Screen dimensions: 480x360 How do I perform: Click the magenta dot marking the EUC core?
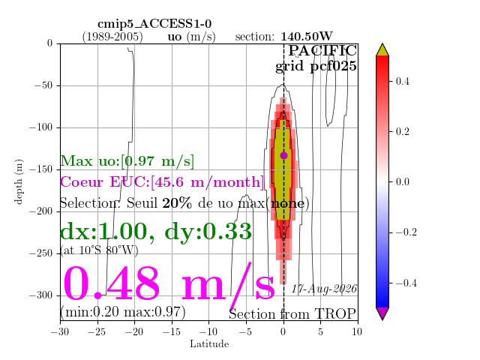pos(283,155)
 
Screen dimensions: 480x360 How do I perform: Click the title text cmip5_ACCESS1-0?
pos(154,24)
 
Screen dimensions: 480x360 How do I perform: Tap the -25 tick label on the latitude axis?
pos(97,332)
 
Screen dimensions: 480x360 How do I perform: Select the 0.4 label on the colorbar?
pos(402,82)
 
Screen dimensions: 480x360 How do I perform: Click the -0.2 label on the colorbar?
pos(406,232)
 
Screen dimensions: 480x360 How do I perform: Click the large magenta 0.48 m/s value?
pos(169,284)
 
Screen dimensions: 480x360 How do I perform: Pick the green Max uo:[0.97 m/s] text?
pos(127,161)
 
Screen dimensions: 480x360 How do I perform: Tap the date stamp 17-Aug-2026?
pos(324,289)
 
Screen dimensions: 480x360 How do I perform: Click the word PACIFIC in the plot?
pos(322,50)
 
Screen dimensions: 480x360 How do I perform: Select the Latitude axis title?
pos(209,344)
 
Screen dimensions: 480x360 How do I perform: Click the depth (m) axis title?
pos(19,181)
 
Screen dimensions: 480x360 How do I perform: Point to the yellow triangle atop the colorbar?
pos(382,50)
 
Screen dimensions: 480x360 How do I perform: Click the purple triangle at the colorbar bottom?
pos(382,313)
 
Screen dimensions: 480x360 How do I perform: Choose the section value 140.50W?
pos(307,37)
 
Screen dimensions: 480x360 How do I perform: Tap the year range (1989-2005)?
pos(112,37)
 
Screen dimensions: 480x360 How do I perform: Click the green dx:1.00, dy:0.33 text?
pos(156,232)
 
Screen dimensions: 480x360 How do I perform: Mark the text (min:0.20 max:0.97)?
pos(123,312)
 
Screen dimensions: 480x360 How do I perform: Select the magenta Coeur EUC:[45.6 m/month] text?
pos(162,182)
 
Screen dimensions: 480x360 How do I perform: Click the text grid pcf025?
pos(316,67)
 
